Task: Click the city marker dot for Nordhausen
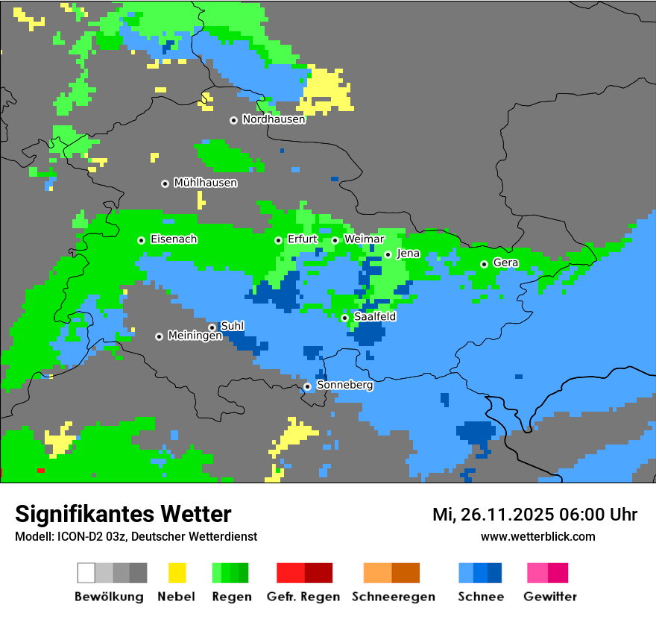pos(233,120)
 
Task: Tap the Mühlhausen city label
pos(205,183)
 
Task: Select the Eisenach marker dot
pos(141,240)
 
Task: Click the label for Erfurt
pos(302,239)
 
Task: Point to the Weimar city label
pos(364,239)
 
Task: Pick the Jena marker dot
pos(388,254)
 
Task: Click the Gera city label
pos(505,263)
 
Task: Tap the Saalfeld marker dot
pos(344,318)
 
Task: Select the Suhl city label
pos(232,326)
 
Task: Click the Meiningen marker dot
pos(159,336)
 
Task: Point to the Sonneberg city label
pos(344,386)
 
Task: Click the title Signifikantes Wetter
pos(123,514)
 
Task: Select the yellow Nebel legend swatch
pos(177,573)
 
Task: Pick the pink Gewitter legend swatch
pos(537,573)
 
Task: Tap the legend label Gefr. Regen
pos(303,597)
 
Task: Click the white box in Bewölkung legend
pos(86,573)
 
